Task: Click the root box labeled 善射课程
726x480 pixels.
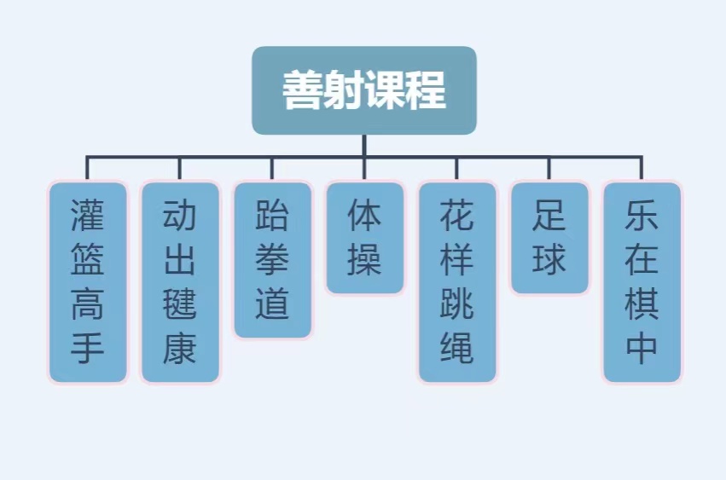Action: point(363,90)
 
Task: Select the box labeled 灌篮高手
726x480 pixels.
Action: point(88,281)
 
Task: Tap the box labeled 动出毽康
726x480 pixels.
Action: point(180,281)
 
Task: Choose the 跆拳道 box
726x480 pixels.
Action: point(272,259)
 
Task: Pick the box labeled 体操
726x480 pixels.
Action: point(364,237)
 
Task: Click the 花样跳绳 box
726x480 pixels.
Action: point(456,281)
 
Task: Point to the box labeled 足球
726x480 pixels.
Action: point(549,237)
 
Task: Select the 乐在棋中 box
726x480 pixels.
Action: point(642,281)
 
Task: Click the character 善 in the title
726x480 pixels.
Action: point(303,90)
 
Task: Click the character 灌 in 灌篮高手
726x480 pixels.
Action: point(88,217)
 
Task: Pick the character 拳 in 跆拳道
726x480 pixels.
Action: point(272,260)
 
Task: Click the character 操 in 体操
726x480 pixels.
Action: point(364,260)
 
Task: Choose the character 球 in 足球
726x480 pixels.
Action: point(549,260)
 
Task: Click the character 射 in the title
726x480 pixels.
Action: point(344,90)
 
